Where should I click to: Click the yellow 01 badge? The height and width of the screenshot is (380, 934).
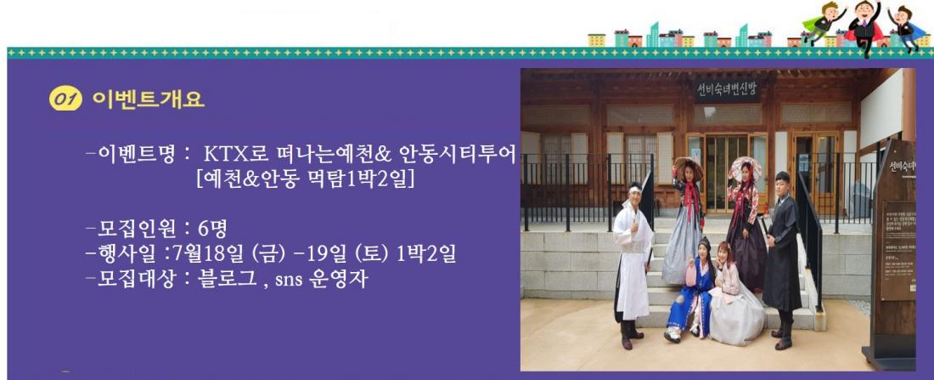coord(65,99)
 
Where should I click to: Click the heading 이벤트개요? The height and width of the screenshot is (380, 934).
coord(149,99)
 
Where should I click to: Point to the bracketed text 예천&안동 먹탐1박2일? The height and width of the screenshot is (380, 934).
coord(305,179)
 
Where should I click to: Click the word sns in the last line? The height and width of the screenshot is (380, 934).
coord(289,280)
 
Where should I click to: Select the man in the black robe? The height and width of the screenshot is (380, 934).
coord(783,259)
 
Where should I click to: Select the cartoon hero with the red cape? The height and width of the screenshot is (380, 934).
coord(864,27)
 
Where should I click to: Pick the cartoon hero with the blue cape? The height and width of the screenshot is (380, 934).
coord(907,27)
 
